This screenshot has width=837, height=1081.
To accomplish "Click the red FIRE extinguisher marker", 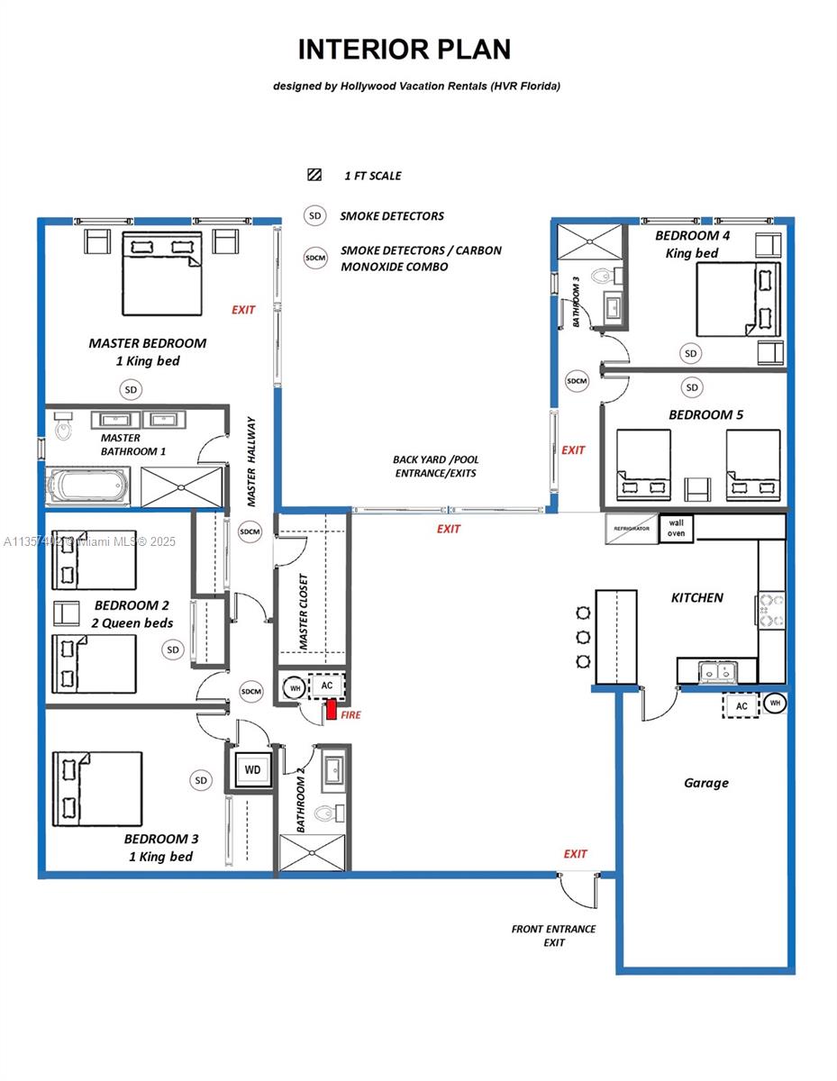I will [x=331, y=710].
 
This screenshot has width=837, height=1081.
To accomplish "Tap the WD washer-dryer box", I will [x=252, y=770].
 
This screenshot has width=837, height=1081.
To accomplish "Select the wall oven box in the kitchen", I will [x=676, y=528].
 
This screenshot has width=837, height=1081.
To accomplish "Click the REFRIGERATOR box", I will [x=631, y=529].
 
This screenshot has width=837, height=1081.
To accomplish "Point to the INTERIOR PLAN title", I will [x=405, y=50].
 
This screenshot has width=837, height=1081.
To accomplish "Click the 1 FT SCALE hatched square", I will [x=314, y=176].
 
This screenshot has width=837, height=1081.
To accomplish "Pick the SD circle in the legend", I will [x=314, y=216].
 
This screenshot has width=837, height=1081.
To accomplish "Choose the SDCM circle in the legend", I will [x=315, y=257].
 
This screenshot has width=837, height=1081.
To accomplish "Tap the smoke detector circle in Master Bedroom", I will [x=132, y=389].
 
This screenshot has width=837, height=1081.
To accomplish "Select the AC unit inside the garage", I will [x=741, y=705].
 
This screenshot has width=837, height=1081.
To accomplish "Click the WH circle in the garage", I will [x=775, y=702].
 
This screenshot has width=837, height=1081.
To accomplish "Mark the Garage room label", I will [x=705, y=783].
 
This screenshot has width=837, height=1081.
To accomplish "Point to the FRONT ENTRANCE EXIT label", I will [x=553, y=935].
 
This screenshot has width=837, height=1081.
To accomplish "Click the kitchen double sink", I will [x=718, y=671].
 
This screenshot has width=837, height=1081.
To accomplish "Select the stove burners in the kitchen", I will [x=771, y=609].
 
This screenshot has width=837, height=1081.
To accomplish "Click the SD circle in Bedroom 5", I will [x=692, y=387].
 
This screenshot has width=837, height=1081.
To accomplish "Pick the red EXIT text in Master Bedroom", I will [x=243, y=310].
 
